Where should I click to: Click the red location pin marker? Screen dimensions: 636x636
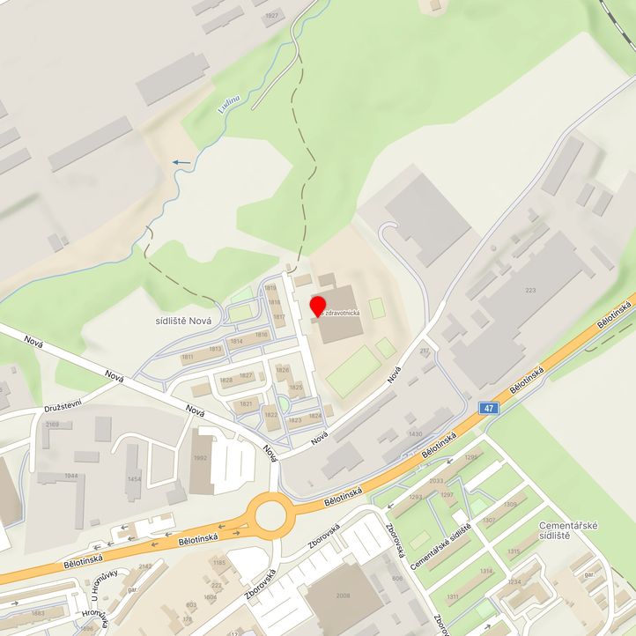318,307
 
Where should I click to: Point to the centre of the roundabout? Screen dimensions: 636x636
270,514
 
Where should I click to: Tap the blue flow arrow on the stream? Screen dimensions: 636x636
182,162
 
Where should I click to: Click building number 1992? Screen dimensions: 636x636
200,457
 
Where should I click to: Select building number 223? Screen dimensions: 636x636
529,290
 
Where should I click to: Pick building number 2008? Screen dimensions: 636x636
343,595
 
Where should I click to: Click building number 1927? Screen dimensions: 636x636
271,16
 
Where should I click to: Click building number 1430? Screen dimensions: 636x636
415,434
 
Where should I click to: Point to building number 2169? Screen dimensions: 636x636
53,424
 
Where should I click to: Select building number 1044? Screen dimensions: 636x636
70,476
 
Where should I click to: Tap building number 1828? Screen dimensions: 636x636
226,380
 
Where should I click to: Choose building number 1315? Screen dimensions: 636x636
514,551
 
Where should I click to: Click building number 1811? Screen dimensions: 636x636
187,357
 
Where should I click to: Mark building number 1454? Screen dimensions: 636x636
134,478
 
